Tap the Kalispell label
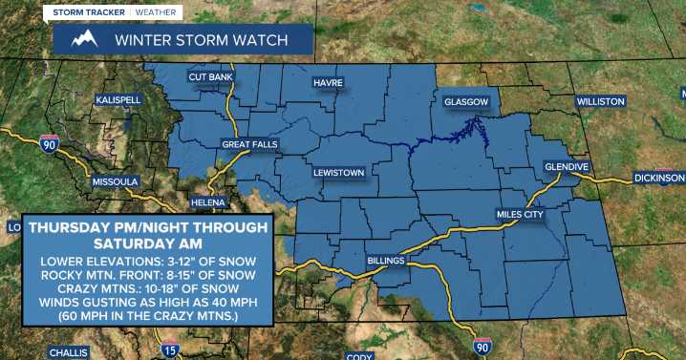[118, 99]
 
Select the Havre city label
[328, 83]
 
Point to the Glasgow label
[465, 101]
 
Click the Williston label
[600, 101]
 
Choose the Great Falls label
[249, 144]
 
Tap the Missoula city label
[115, 181]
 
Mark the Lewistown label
[339, 173]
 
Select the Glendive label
[566, 166]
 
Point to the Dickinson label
[658, 179]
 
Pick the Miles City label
[519, 215]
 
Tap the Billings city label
[386, 260]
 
